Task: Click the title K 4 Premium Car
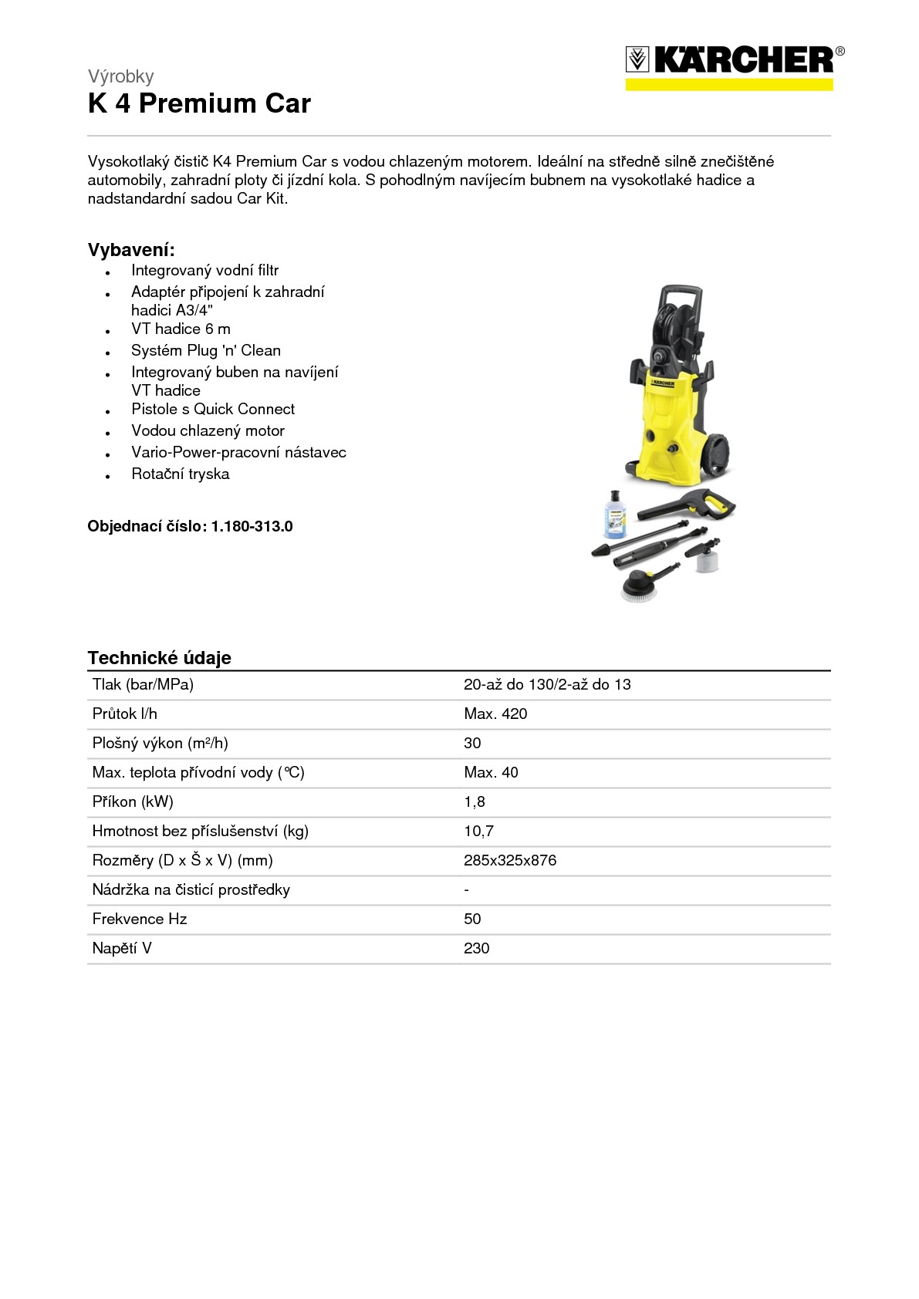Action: point(199,103)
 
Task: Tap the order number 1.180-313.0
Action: point(252,527)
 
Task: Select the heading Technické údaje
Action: point(159,658)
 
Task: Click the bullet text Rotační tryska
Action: point(180,474)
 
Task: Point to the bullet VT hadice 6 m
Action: point(181,329)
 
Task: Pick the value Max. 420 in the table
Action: point(495,714)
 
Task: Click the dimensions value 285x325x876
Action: point(509,861)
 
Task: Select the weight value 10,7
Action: point(478,832)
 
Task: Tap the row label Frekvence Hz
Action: point(139,919)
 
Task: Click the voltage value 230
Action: point(476,949)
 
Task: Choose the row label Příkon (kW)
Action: point(133,802)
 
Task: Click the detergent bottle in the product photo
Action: point(617,514)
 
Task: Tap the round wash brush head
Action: point(640,585)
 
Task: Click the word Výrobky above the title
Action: point(120,76)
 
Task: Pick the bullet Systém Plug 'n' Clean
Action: point(205,351)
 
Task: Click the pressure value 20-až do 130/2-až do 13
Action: point(547,685)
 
